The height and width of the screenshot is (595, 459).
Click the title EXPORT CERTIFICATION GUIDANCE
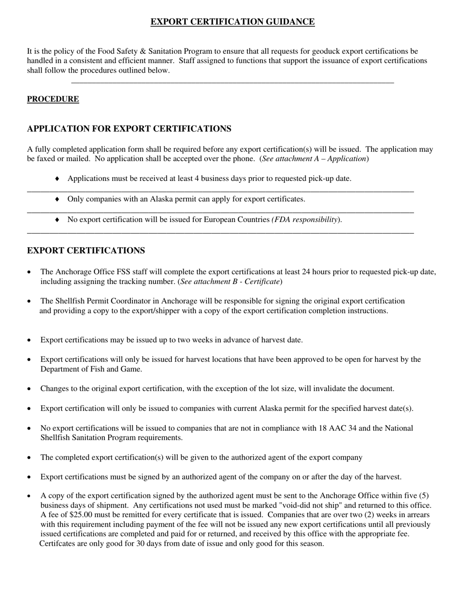232,22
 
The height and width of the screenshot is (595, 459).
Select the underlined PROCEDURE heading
53,99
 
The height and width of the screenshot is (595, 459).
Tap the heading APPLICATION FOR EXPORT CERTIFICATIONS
129,129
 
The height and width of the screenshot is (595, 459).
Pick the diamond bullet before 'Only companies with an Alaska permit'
57,199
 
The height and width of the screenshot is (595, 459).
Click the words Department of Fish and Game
91,369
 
